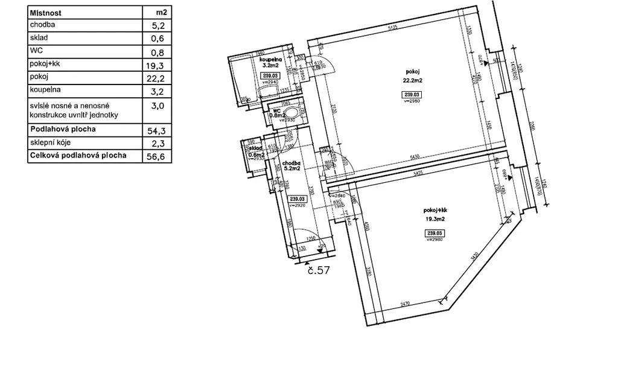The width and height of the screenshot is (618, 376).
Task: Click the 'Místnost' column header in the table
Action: coord(45,12)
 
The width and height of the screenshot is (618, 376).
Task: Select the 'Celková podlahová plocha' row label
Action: coord(78,156)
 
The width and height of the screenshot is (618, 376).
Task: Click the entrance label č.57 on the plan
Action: coord(317,270)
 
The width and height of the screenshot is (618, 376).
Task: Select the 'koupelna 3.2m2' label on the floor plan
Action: coord(270,63)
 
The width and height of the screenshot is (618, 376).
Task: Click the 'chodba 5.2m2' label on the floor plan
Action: coord(291,166)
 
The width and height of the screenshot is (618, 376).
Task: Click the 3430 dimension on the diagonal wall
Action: coord(477,260)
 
